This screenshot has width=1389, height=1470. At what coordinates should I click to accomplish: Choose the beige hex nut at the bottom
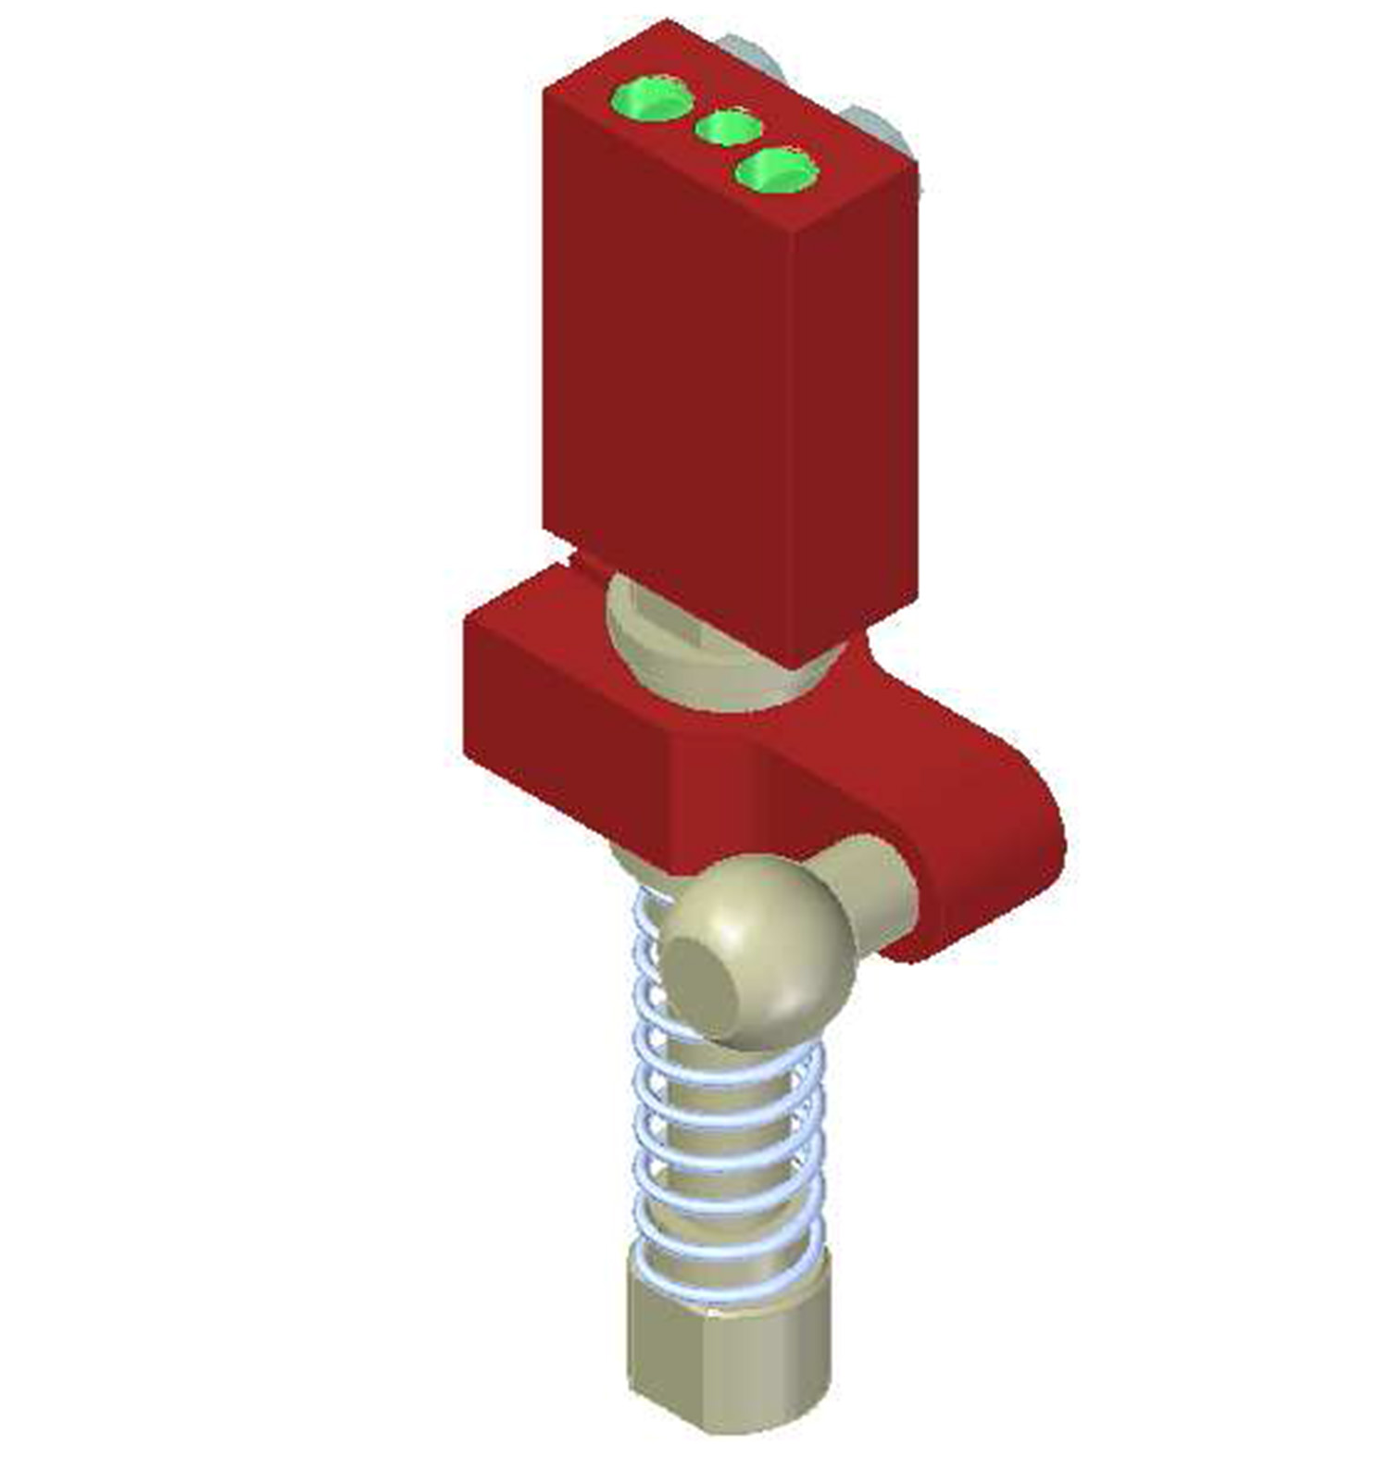click(732, 1370)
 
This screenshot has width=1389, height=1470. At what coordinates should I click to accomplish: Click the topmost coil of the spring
click(648, 912)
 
